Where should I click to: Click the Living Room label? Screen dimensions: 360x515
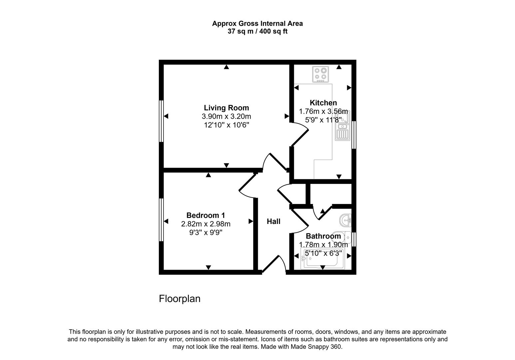pos(226,108)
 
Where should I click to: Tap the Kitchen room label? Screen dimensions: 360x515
pos(323,103)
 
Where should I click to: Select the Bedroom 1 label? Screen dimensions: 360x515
pos(206,215)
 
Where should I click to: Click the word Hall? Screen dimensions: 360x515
pos(273,221)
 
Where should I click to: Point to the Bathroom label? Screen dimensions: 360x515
pos(323,236)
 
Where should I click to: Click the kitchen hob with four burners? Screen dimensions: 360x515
pos(321,74)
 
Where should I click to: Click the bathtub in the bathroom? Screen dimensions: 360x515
pos(322,259)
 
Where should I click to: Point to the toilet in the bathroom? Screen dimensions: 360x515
pos(343,237)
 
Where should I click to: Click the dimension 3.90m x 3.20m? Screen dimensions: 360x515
pos(226,116)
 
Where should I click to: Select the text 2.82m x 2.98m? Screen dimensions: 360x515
pos(206,224)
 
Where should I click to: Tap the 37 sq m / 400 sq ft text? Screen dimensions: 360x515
pos(257,32)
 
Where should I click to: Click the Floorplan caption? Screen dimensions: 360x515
pos(180,299)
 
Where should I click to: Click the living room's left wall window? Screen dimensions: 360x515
pos(161,121)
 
